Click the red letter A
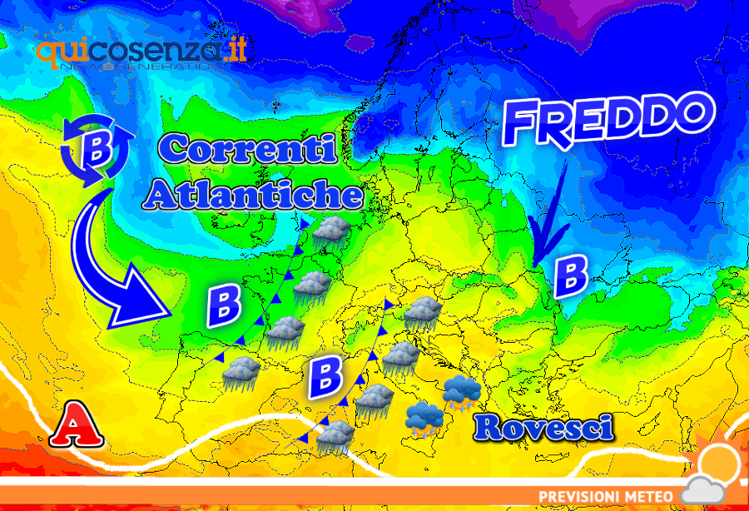(77, 428)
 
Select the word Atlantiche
(253, 195)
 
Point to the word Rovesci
(544, 428)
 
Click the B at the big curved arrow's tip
(224, 307)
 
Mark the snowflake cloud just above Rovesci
(459, 393)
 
